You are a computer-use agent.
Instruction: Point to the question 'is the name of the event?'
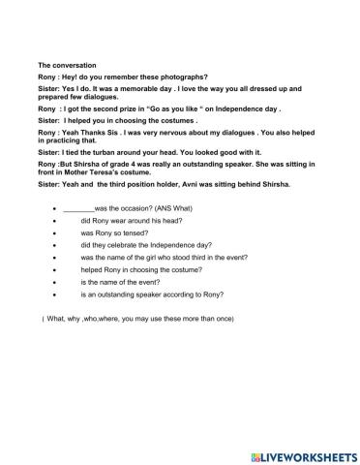point(126,281)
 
